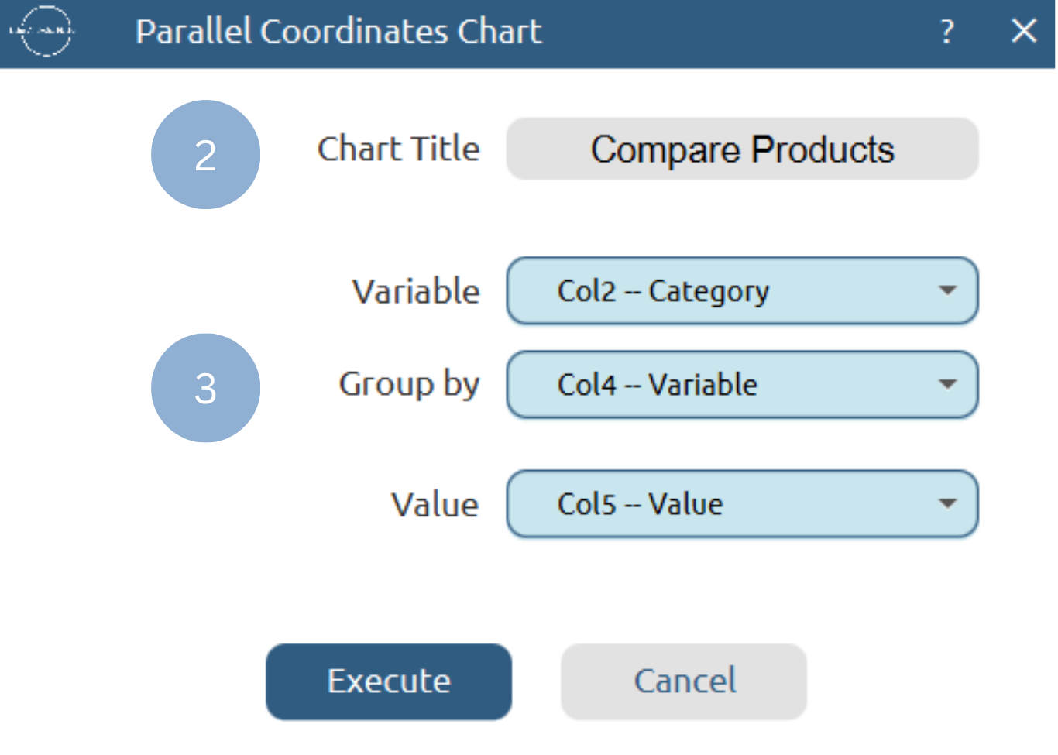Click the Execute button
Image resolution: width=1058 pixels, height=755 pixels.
(388, 681)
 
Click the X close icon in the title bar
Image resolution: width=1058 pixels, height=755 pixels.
(1023, 32)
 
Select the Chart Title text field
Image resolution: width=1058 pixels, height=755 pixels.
(742, 149)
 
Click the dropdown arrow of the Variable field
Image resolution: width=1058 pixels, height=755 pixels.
(946, 291)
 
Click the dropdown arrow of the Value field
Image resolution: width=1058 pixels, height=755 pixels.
(946, 504)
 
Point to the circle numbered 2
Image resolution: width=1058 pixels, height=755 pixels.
(205, 155)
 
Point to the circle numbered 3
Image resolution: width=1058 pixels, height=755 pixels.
(205, 388)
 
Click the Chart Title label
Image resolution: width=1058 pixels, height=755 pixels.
(398, 149)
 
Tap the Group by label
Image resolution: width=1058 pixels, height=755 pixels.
(409, 385)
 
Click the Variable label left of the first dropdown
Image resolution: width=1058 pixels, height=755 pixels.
(416, 292)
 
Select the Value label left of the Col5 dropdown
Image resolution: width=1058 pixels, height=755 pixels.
(435, 505)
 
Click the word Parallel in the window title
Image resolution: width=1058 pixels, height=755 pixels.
(194, 32)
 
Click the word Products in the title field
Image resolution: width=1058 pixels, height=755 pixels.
(823, 149)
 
